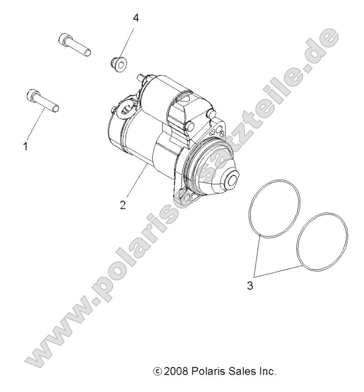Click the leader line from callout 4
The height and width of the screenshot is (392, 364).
[128, 40]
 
